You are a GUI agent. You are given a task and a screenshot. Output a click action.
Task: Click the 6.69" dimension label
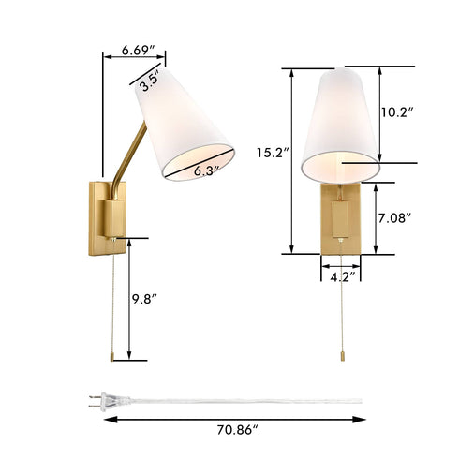pos(140,50)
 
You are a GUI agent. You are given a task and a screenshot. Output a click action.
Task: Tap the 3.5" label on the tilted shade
pos(148,82)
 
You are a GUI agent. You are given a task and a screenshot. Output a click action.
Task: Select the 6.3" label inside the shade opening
pos(205,170)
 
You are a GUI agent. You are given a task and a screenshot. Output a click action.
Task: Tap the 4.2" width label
pos(340,278)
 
